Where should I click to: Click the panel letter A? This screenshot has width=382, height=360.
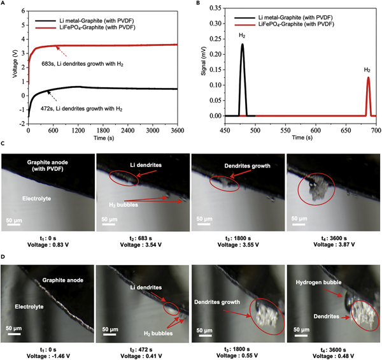point(4,4)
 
